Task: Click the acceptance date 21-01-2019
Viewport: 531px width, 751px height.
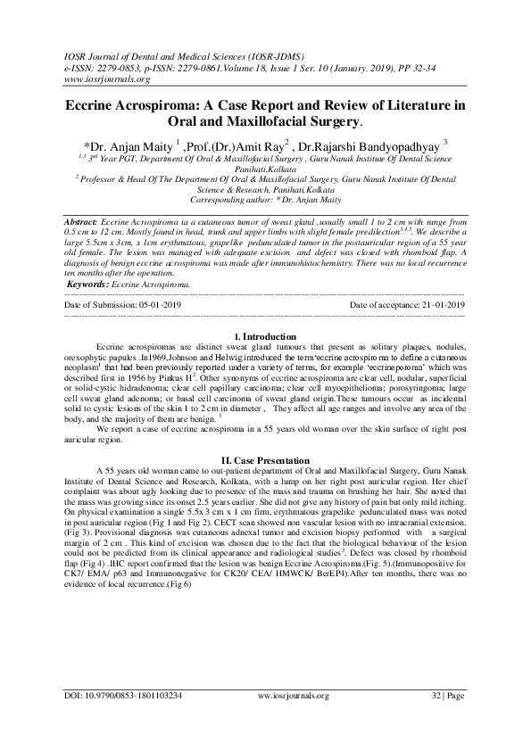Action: coord(440,305)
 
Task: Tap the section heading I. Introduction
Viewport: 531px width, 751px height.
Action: coord(264,336)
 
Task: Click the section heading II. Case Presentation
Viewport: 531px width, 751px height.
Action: coord(264,459)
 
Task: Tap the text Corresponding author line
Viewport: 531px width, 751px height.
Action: coord(265,202)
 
